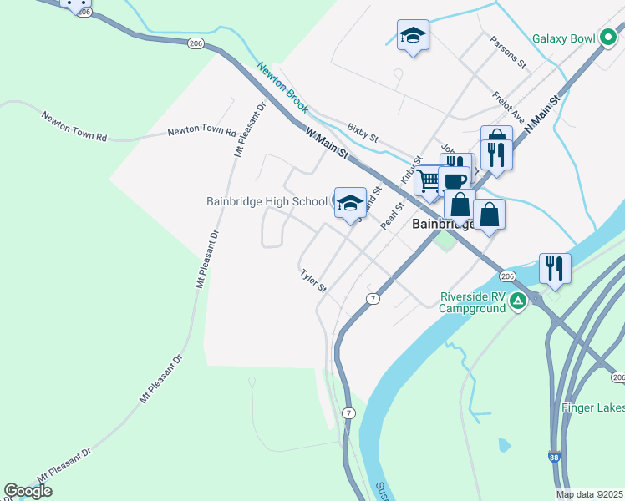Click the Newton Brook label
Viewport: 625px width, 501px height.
tap(282, 88)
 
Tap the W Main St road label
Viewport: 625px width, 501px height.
tap(326, 144)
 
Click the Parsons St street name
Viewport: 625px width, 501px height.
tap(509, 52)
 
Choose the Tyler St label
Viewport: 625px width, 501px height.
tap(313, 281)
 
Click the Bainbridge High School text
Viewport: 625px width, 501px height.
tap(267, 201)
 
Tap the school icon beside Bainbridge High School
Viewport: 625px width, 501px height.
tap(351, 201)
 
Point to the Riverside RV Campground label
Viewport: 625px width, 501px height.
tap(473, 301)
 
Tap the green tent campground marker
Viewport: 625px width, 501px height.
tap(518, 301)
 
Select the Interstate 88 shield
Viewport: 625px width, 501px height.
tap(555, 457)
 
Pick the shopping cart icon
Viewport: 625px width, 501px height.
tap(429, 180)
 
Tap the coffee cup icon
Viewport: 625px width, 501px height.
tap(455, 180)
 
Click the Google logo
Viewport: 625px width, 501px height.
tap(28, 491)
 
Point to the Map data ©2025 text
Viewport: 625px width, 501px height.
tap(589, 494)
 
